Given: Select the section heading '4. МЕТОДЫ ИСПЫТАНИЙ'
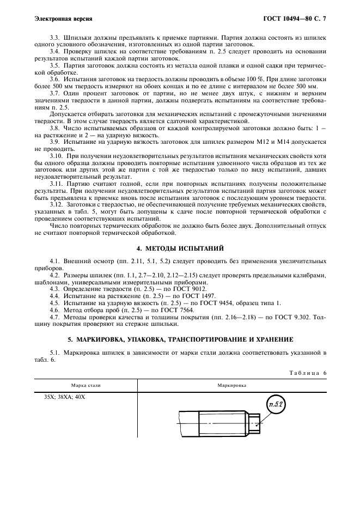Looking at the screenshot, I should [180, 247].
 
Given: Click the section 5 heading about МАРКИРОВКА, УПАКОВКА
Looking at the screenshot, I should [180, 339].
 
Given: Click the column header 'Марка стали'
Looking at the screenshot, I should [86, 385].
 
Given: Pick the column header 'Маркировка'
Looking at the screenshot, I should [231, 385].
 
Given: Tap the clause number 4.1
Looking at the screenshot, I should [54, 262].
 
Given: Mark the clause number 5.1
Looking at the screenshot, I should [54, 353].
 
